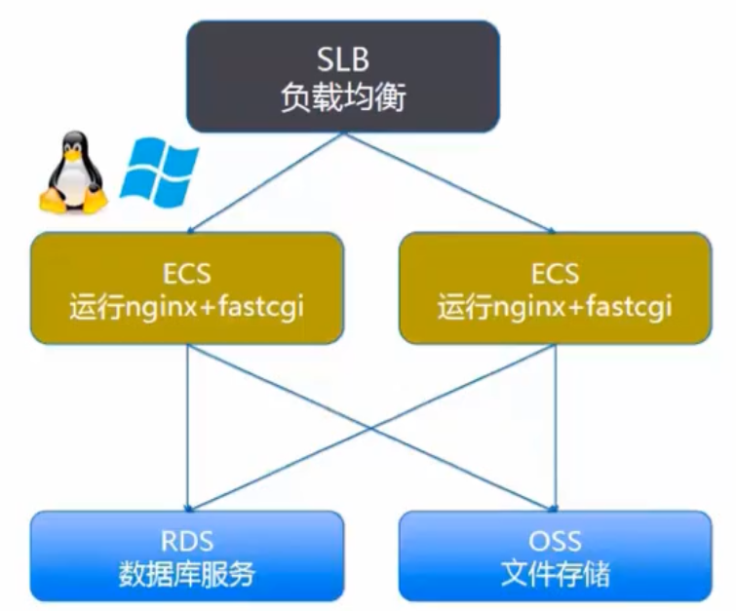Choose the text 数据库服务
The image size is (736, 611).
pos(186,574)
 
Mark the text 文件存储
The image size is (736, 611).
pos(556,574)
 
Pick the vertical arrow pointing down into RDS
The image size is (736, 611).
pos(186,429)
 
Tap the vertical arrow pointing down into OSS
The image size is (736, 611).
pos(556,429)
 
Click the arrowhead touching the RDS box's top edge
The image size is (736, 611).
pos(186,503)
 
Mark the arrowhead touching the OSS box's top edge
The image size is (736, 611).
pos(555,503)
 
